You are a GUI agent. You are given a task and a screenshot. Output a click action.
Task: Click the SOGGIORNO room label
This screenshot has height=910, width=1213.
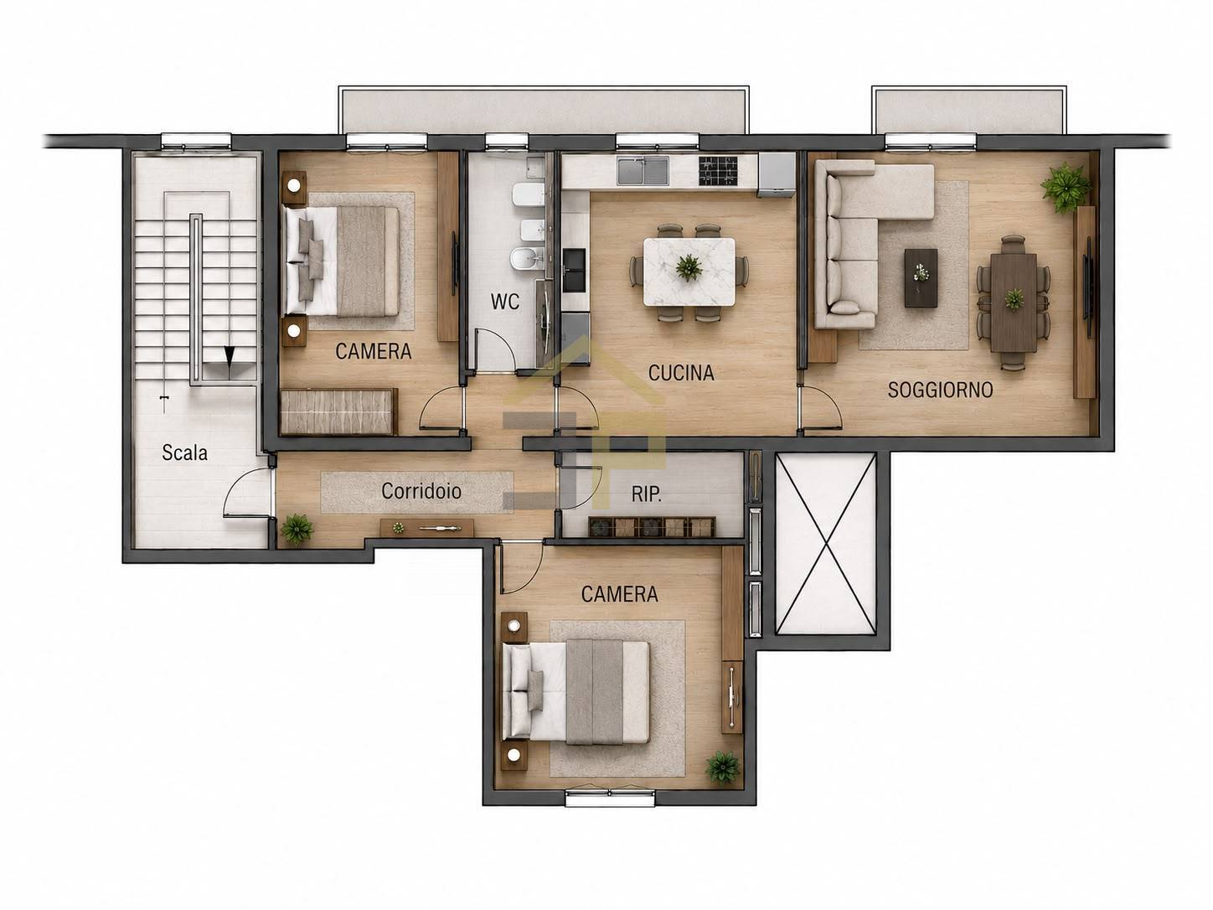coord(940,390)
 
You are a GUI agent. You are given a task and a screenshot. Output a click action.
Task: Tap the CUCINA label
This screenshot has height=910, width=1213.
coord(681,373)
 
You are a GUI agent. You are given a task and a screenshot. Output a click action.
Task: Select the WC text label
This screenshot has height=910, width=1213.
coord(504,302)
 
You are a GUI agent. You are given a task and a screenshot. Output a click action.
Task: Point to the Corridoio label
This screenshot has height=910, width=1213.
coord(421,491)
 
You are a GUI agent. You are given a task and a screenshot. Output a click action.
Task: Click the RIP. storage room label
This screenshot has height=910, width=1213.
coord(646,494)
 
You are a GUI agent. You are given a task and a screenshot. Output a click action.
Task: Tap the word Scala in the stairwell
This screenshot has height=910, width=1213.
coord(184,452)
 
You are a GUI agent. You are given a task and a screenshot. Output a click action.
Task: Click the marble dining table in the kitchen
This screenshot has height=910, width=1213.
coord(689,271)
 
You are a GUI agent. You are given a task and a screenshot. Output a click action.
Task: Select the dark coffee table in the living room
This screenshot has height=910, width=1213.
coord(921,278)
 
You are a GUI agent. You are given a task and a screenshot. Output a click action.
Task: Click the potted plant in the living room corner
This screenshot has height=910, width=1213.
coord(1066,187)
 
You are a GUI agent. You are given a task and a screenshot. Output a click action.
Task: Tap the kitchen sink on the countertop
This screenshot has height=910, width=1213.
coord(643,171)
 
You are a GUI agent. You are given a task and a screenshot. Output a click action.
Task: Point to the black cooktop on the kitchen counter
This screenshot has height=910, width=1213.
coord(719,171)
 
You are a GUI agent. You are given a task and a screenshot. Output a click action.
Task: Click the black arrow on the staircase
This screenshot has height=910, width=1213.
coord(230,355)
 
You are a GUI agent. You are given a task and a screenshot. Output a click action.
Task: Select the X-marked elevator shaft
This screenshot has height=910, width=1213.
coord(826,544)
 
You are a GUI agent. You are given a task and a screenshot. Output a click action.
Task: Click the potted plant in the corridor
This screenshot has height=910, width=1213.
coord(297,530)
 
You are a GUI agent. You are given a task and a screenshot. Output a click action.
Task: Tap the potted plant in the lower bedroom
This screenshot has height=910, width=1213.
coord(722,767)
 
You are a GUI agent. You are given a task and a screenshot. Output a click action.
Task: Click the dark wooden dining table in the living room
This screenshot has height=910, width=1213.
coord(1014,302)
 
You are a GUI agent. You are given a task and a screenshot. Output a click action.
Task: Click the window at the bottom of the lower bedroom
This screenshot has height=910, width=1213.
coord(610,798)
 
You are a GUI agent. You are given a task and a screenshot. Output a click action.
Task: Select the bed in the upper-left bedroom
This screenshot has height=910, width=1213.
coord(342,261)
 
